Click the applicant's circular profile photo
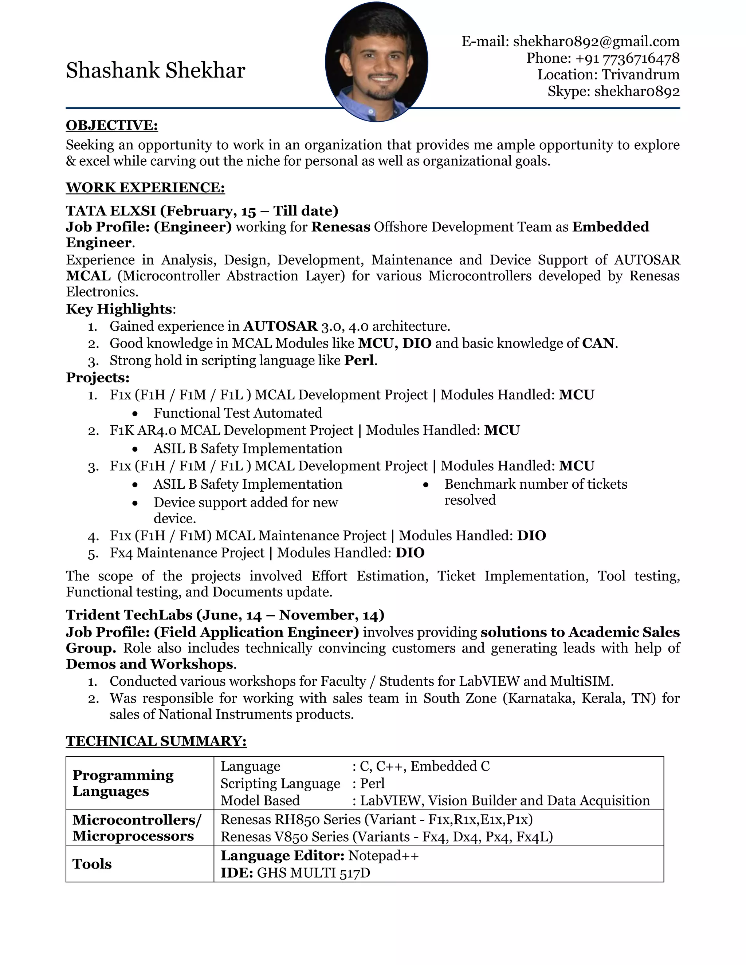click(x=376, y=62)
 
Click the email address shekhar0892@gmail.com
click(x=596, y=42)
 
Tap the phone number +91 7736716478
click(x=641, y=58)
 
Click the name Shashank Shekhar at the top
click(x=155, y=71)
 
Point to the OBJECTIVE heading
click(x=112, y=126)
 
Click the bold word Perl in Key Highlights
click(x=359, y=361)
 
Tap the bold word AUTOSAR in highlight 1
click(x=280, y=326)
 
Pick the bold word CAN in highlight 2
click(x=598, y=343)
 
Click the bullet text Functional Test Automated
click(x=238, y=413)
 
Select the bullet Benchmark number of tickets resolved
click(x=535, y=492)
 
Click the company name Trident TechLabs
click(x=129, y=615)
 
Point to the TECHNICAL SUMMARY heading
click(x=156, y=741)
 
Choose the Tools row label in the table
click(x=92, y=864)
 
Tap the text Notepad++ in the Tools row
click(x=383, y=855)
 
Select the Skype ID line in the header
click(x=613, y=91)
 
